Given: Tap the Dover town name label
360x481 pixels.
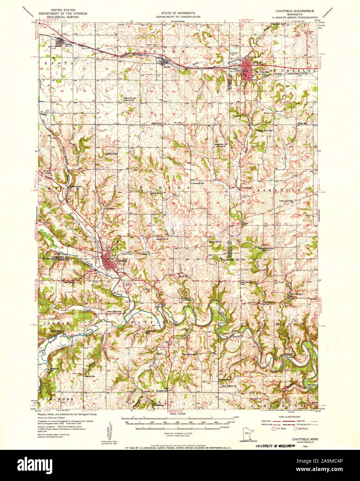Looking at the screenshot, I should point(167,67).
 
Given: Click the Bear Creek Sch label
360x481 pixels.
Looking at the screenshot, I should point(114,311).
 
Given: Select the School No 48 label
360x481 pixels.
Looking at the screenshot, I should point(130,98).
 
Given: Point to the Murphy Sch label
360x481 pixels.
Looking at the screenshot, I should point(162,391).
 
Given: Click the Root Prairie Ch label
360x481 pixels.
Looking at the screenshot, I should point(229,386).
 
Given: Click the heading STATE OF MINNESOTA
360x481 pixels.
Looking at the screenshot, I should point(178,13).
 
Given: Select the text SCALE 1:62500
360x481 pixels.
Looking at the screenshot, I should point(178,413).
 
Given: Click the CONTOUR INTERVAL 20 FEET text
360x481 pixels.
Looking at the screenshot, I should point(178,433).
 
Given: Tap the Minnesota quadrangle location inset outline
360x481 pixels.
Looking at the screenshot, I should point(247,434).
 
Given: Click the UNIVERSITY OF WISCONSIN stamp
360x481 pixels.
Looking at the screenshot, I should point(275,446).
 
